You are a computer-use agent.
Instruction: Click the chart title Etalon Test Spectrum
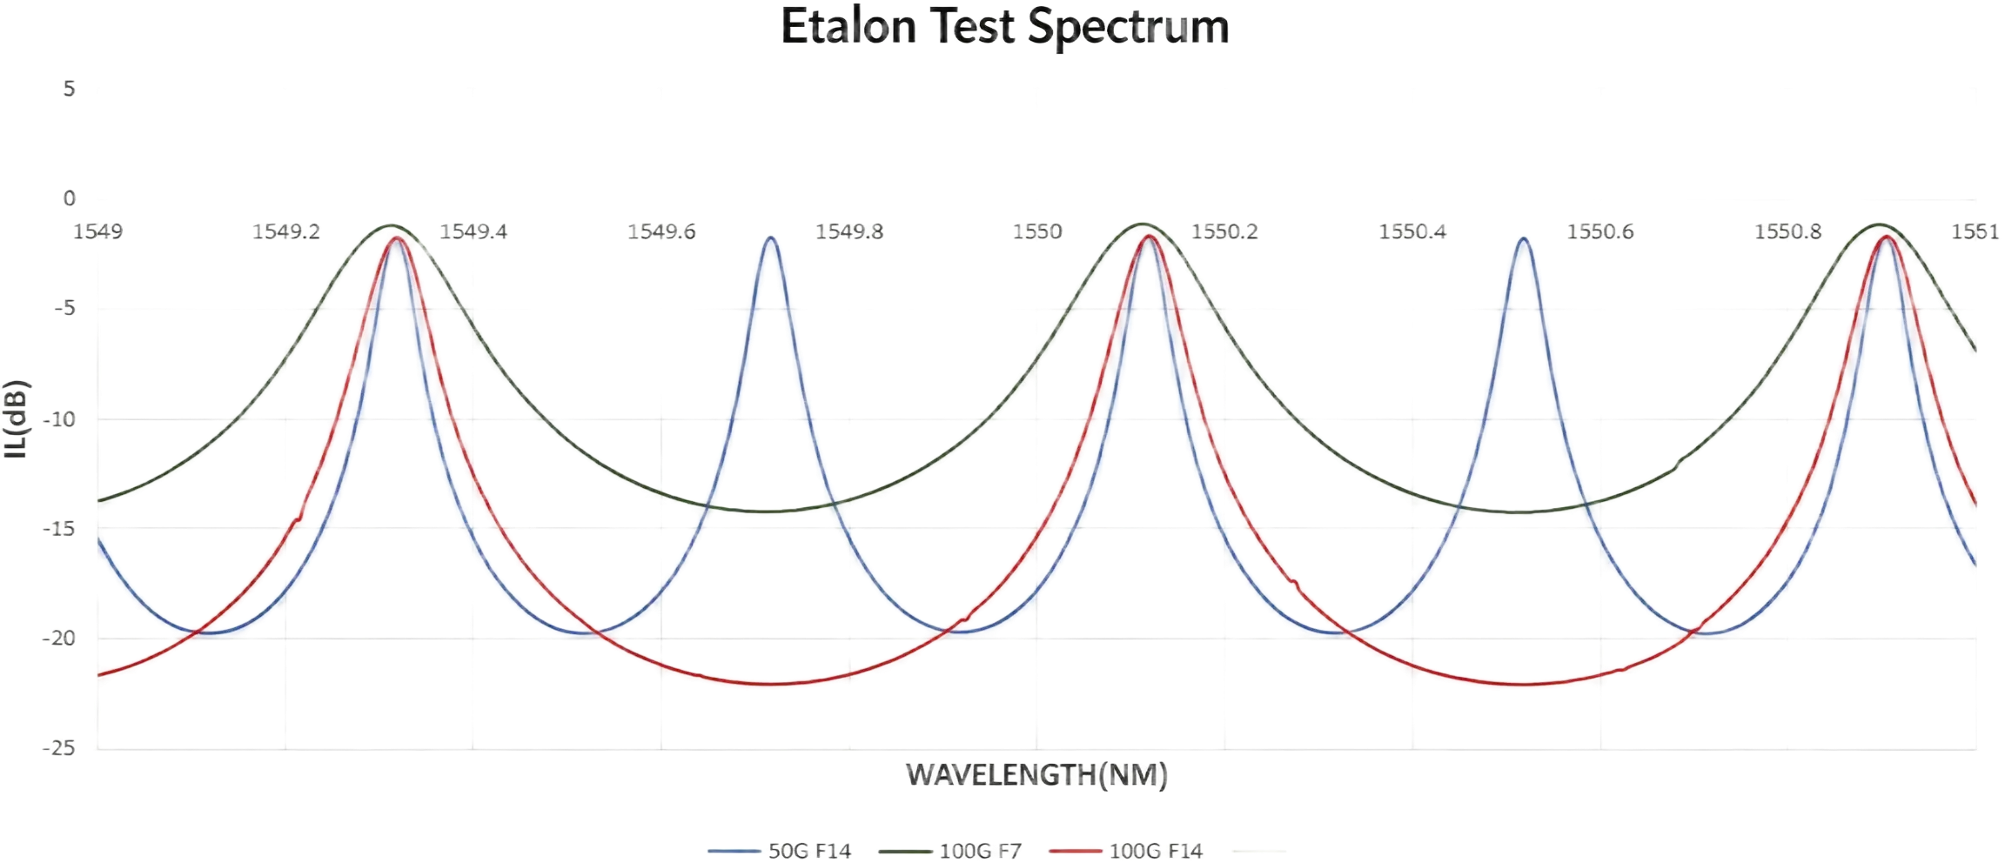click(x=1004, y=26)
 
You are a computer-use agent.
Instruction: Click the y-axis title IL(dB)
click(x=17, y=418)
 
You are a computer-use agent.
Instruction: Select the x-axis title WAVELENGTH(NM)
click(x=1036, y=774)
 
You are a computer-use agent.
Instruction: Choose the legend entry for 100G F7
click(x=949, y=851)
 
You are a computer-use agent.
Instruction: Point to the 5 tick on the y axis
click(x=69, y=89)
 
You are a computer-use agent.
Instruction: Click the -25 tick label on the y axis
click(x=59, y=748)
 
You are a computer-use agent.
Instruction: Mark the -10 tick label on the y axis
click(x=59, y=419)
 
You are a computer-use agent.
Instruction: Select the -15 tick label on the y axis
click(x=59, y=529)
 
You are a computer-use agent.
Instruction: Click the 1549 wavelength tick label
click(x=98, y=231)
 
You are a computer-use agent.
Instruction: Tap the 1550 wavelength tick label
click(x=1037, y=231)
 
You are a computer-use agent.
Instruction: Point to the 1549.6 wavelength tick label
click(x=661, y=231)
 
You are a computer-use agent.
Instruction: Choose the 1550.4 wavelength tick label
click(x=1412, y=231)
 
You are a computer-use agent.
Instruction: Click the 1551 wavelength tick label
click(x=1975, y=231)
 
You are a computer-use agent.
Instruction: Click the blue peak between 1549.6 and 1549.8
click(x=771, y=237)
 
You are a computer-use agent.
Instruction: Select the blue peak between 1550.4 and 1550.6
click(x=1524, y=238)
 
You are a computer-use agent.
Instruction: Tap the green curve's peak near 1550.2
click(x=1142, y=224)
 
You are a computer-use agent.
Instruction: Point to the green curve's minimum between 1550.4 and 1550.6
click(x=1519, y=512)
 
